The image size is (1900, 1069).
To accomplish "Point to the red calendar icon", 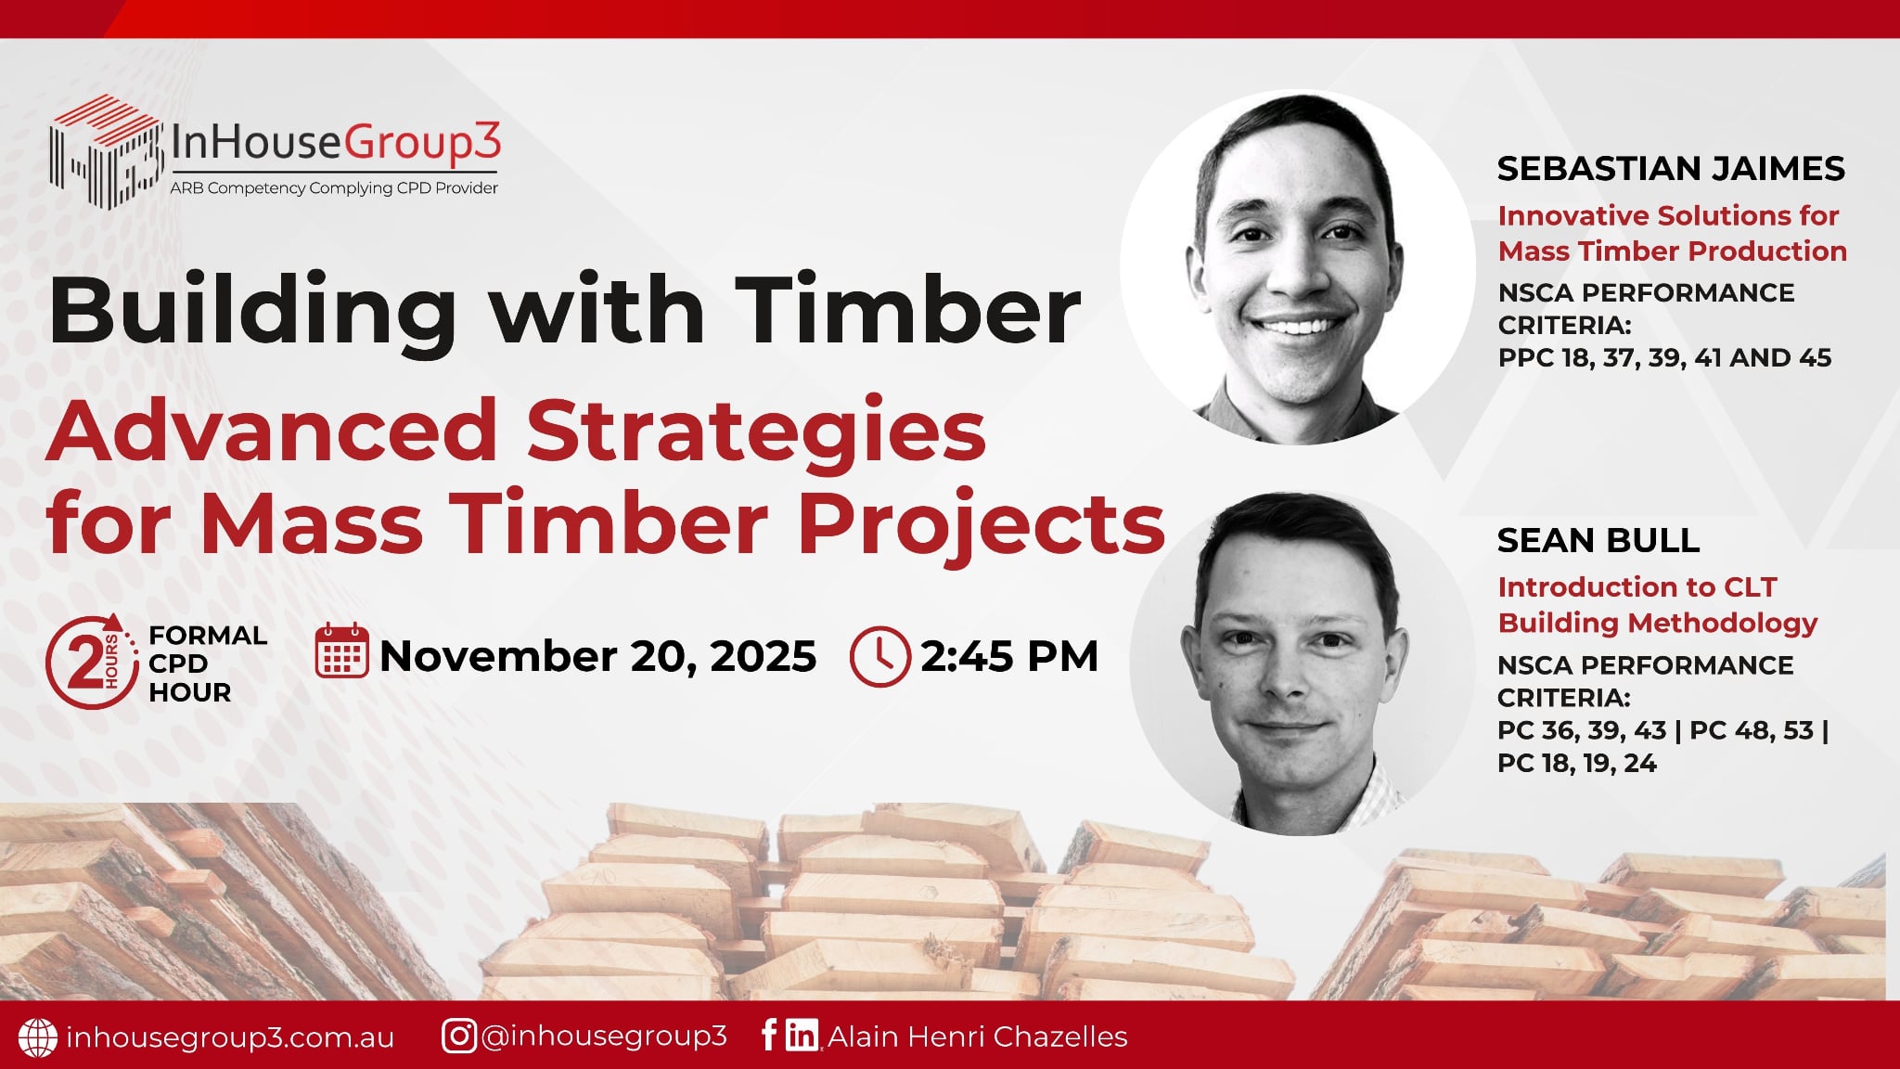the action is click(x=342, y=651).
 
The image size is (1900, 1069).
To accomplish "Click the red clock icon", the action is click(x=879, y=656).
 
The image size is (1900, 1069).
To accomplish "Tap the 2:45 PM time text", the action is click(x=1009, y=656).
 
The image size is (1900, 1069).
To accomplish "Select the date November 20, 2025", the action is click(x=598, y=656).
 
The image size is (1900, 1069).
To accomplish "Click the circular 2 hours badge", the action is click(x=92, y=662).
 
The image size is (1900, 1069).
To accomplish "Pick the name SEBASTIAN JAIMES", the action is click(x=1671, y=168).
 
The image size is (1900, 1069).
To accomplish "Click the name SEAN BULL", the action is click(x=1598, y=539).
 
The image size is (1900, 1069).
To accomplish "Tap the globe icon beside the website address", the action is click(x=38, y=1037).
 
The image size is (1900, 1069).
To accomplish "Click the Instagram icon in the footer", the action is click(x=459, y=1036).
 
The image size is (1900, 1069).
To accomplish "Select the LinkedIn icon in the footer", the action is click(x=802, y=1035).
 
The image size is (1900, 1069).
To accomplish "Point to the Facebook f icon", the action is click(x=769, y=1035).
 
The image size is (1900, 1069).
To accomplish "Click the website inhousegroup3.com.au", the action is click(x=231, y=1037).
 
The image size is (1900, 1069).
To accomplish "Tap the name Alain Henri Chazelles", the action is click(x=978, y=1037).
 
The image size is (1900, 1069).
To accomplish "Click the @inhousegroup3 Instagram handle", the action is click(x=604, y=1036).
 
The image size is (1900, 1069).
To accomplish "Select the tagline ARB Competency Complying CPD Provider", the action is click(x=334, y=188).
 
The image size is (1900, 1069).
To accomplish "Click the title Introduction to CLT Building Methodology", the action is click(x=1658, y=605).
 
